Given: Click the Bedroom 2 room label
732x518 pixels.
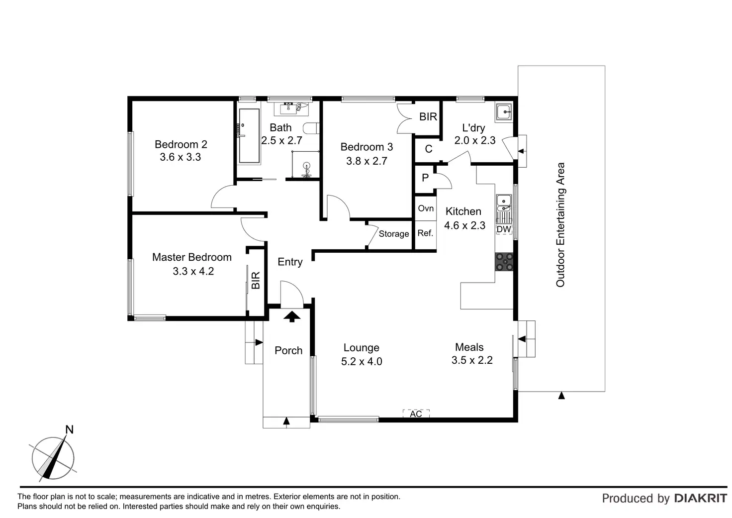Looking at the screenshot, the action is point(181,144).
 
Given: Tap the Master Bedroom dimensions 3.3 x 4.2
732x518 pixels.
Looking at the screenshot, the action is point(193,271).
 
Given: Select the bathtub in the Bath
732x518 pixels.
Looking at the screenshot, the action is point(249,136).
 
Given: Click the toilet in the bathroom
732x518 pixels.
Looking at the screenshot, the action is point(311,128).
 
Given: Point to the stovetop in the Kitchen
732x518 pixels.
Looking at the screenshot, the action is point(504,262).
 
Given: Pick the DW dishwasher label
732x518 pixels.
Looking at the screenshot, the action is point(504,229).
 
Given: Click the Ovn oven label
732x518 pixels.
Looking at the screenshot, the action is point(426,208).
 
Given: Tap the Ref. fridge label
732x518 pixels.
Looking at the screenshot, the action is point(425,233).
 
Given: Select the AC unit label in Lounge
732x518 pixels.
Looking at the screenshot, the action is point(416,414).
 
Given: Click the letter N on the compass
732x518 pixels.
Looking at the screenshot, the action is point(69,429).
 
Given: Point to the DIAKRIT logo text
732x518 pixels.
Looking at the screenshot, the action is point(701,499).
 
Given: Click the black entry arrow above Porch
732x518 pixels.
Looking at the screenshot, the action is point(292,316).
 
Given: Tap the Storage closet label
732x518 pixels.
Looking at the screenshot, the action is point(394,233).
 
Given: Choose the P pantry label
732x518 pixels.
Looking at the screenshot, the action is point(425,178).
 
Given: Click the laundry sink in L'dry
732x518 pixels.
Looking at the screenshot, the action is point(504,112).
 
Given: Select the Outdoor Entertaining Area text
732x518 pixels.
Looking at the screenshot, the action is point(560,224).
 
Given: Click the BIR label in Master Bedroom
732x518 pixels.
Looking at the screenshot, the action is point(256,280).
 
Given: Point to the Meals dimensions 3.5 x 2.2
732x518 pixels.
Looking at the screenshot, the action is point(472,360).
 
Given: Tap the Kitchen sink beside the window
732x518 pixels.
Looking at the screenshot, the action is point(504,203).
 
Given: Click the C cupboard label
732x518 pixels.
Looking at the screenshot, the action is point(429,149).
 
